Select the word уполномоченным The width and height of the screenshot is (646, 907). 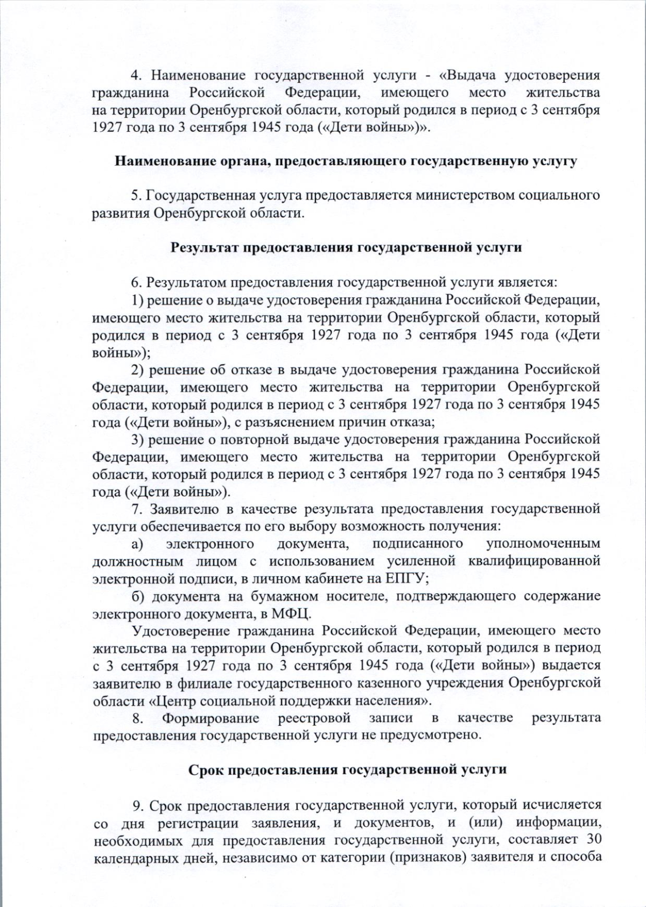[x=543, y=543]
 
